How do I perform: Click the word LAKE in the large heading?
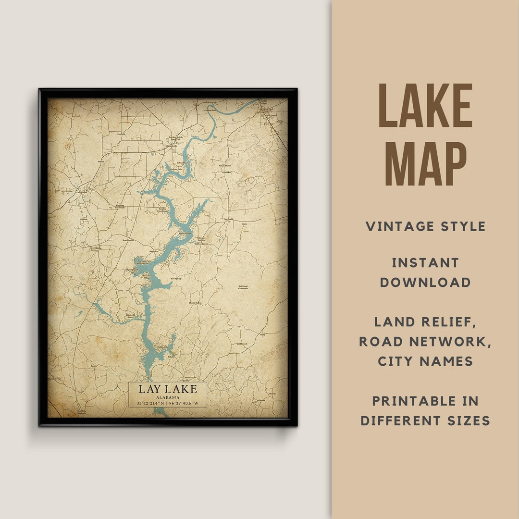tap(425, 106)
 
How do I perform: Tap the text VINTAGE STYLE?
tap(425, 226)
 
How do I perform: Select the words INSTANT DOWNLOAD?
tap(425, 272)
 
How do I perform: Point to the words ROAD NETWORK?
tap(425, 341)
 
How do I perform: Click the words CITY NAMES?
tap(425, 361)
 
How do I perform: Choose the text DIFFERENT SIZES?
tap(425, 421)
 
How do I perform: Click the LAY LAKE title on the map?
tap(168, 389)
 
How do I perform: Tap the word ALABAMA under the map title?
tap(168, 397)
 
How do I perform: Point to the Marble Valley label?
tap(195, 303)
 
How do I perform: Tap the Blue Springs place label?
tap(176, 279)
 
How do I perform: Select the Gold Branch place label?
tap(242, 344)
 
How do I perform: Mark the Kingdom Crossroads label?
tap(120, 206)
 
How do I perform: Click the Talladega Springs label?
tap(201, 239)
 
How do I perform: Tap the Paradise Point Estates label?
tap(163, 210)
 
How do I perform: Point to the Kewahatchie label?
tap(128, 239)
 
